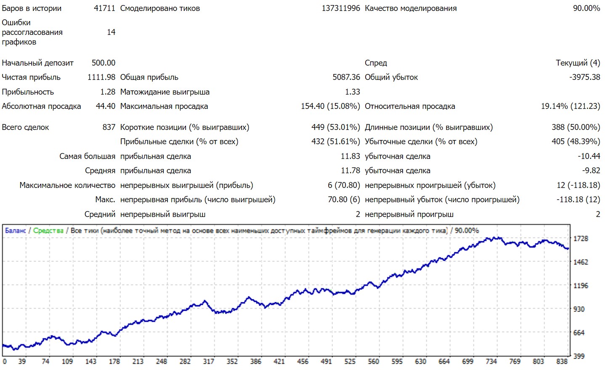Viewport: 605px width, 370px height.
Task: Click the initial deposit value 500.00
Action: [x=103, y=63]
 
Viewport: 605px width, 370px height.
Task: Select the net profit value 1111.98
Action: [x=101, y=77]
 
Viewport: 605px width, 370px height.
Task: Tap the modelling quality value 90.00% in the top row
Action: [x=586, y=8]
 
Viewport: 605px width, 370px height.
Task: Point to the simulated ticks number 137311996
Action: [x=341, y=8]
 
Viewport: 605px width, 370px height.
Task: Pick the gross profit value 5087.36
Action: [x=346, y=77]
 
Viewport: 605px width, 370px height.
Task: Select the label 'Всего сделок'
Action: [x=25, y=127]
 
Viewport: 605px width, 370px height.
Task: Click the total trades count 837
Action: [x=109, y=127]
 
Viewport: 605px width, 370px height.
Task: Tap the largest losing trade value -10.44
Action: [x=589, y=156]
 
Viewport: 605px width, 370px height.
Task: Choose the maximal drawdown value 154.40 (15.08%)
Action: [x=330, y=106]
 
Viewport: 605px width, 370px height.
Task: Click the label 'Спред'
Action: [x=376, y=63]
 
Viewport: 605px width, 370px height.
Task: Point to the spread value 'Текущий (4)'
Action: [x=578, y=63]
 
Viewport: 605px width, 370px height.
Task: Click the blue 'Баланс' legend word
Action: [x=15, y=230]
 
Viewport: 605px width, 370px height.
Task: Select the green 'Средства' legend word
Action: [x=48, y=230]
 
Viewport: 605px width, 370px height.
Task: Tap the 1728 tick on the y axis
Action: [x=581, y=238]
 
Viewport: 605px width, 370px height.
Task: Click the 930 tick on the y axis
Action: [x=579, y=309]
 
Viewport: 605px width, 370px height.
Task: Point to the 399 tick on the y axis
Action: [x=579, y=356]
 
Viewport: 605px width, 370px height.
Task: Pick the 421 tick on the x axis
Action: [x=279, y=362]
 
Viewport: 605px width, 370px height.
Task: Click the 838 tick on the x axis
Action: [x=562, y=362]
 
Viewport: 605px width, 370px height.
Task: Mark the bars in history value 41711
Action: [x=104, y=8]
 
